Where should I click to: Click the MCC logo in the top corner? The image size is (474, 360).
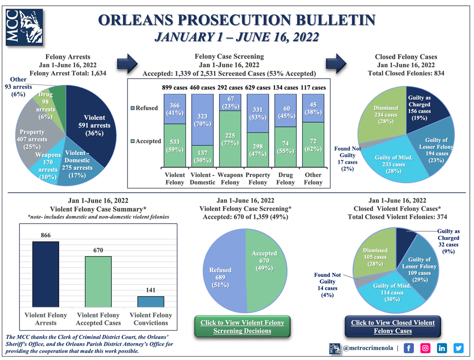tap(24, 27)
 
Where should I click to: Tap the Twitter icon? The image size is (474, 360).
tap(458, 348)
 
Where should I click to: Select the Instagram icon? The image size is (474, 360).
tap(426, 348)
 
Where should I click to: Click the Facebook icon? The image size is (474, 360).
tap(409, 348)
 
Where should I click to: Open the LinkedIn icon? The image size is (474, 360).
tap(442, 348)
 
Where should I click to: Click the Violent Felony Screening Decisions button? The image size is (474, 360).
tap(242, 327)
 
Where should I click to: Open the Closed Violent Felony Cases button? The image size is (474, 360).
tap(392, 327)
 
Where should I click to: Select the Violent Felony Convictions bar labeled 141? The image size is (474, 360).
tap(151, 302)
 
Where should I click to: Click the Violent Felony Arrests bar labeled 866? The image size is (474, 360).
tap(46, 275)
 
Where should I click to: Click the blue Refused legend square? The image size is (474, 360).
tap(132, 108)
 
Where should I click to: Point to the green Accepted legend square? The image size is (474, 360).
tap(132, 141)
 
